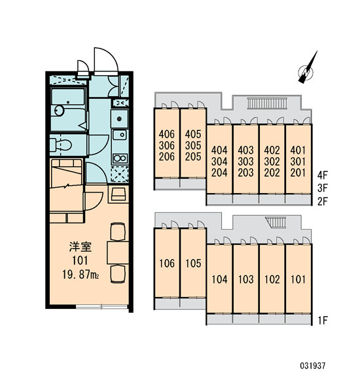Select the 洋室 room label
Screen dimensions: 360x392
point(81,247)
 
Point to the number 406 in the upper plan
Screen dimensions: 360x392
point(167,134)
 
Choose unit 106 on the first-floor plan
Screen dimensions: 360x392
point(167,263)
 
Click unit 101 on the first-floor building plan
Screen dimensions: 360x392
point(298,279)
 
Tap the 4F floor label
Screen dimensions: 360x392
point(322,175)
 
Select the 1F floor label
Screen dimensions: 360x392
point(323,321)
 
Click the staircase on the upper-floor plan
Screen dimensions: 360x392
point(267,103)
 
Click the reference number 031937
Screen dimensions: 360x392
point(313,366)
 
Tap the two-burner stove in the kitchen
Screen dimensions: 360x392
point(120,158)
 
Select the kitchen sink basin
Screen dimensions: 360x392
point(120,135)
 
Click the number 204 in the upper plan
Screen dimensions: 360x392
point(219,173)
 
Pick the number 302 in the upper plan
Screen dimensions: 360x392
point(272,162)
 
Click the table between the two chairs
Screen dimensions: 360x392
point(118,253)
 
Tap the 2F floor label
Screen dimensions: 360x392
point(322,202)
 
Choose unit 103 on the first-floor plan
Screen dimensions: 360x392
point(245,279)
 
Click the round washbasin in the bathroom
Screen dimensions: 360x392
point(60,111)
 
